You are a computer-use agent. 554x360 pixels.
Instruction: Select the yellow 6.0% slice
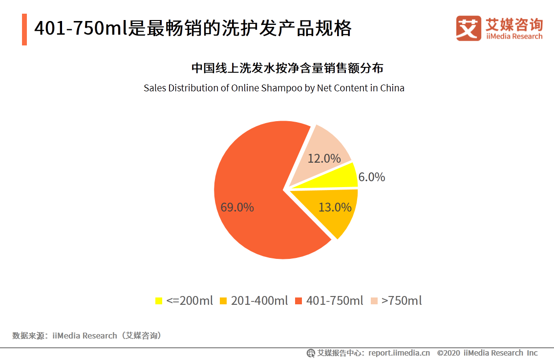tap(337, 177)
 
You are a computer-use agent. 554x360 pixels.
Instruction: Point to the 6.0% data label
tap(372, 177)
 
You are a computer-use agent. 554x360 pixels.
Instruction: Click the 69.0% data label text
tap(237, 207)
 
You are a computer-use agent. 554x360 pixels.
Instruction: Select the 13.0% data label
tap(335, 207)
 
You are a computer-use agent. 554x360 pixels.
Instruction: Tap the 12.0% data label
tap(324, 158)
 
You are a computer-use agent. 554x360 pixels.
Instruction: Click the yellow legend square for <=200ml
tap(158, 301)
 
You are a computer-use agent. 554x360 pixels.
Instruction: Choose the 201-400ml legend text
tap(259, 301)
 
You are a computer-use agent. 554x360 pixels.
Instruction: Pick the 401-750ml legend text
tap(335, 301)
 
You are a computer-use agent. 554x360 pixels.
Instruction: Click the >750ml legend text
tap(402, 301)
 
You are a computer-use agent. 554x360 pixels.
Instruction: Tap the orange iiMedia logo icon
tap(469, 29)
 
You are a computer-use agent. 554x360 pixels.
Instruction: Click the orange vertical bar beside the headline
tap(24, 30)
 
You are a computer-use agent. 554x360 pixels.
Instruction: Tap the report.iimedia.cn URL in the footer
tap(399, 353)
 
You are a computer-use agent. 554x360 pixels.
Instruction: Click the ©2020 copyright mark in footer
tap(448, 353)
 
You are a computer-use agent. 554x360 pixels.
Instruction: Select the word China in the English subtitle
tap(392, 88)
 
